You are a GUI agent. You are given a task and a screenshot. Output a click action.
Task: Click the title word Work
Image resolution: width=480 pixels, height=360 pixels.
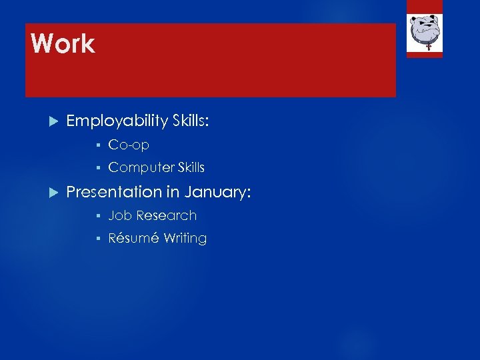pos(63,44)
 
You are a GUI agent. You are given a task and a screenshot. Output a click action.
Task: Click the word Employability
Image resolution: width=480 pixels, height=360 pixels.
pos(117,121)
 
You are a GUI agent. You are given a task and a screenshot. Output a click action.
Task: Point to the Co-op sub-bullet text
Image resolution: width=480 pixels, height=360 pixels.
pos(129,145)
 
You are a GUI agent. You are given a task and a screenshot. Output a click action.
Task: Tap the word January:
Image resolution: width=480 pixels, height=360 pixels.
pos(217,192)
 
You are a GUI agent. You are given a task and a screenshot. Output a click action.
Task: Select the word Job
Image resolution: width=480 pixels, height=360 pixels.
pos(120,215)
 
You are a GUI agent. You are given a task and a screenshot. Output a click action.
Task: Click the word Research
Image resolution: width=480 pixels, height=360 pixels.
pos(166,215)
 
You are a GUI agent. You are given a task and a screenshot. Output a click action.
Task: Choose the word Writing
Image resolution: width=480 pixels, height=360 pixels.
pos(185,238)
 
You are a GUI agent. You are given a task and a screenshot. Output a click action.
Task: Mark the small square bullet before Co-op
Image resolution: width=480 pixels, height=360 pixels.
pos(97,145)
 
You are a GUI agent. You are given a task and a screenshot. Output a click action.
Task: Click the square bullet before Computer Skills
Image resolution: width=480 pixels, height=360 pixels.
pos(97,168)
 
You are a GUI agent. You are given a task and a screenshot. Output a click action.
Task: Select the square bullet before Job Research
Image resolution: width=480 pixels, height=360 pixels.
pos(97,216)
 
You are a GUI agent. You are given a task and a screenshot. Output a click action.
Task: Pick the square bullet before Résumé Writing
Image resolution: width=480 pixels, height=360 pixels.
pos(97,239)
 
